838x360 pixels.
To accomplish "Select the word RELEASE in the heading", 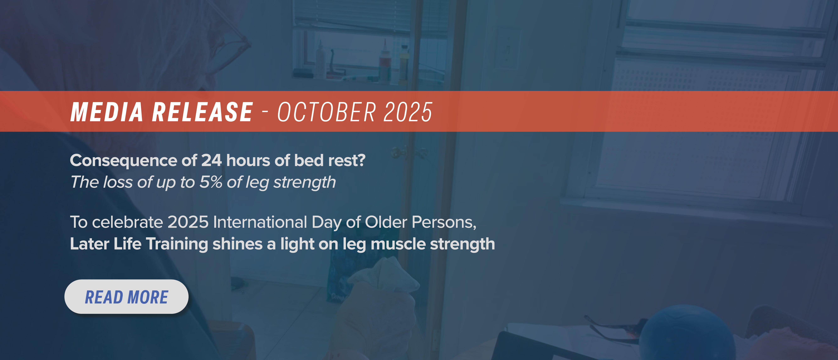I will pos(202,112).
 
